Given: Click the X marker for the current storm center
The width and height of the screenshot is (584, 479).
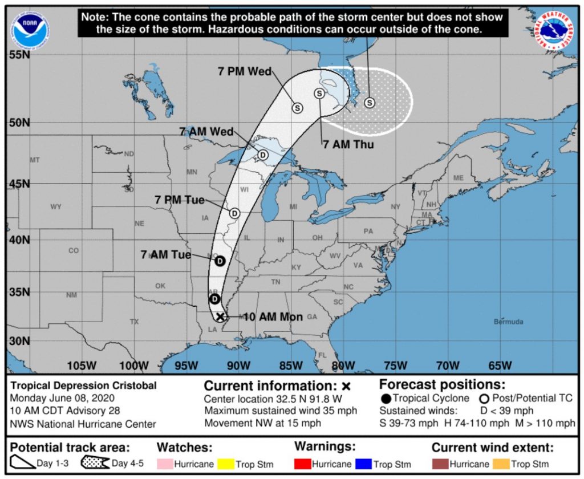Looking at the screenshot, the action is coord(220,316).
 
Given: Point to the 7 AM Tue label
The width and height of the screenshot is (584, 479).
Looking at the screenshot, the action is coord(166,255).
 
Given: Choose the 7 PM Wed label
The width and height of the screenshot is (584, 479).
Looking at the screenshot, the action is coord(245,72).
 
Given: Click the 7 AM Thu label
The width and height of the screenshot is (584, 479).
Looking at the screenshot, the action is coord(348,145).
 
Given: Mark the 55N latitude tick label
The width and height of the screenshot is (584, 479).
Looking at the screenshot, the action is coord(18,55).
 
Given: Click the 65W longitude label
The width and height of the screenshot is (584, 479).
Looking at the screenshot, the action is coord(500,366).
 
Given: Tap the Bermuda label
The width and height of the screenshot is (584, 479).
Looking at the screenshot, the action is coord(508,322).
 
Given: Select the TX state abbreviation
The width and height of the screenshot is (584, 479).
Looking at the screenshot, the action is coord(134,322).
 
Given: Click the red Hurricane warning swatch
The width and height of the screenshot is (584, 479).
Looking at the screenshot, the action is coord(302,464).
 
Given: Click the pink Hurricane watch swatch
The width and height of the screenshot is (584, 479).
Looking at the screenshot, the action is coord(164,464).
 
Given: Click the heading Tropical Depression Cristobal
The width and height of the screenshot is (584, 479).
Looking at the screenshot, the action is coord(83,385).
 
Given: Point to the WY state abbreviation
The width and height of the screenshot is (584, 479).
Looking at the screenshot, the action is coord(55,206).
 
